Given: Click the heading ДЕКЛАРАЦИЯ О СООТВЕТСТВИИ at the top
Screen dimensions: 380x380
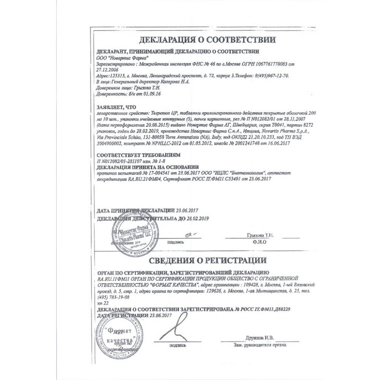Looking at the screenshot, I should [x=207, y=40].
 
